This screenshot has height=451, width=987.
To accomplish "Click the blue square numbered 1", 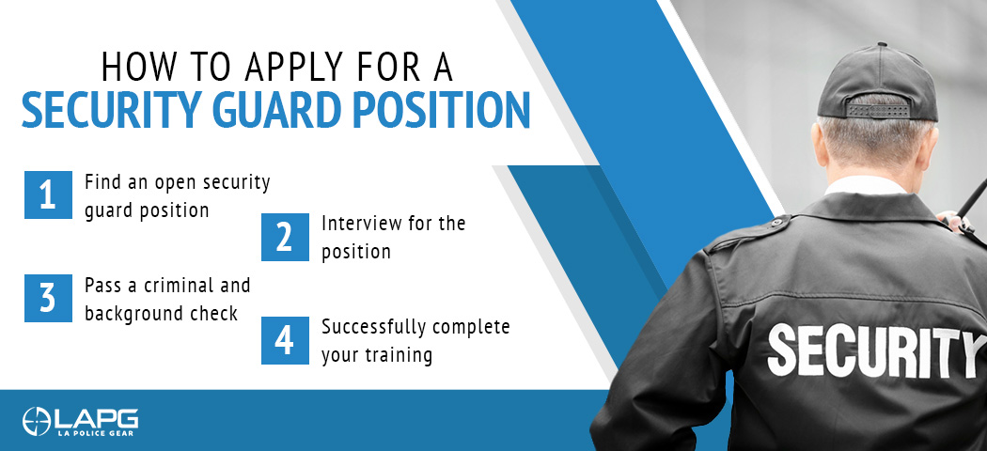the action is tap(49, 195).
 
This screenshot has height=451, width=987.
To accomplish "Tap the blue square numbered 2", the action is tap(285, 237).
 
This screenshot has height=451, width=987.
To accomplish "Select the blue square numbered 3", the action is tap(49, 298).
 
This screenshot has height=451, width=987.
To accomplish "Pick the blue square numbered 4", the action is tap(285, 340).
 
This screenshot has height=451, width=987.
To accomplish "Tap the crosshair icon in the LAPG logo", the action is tap(36, 422).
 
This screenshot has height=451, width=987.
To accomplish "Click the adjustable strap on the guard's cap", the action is tap(877, 109).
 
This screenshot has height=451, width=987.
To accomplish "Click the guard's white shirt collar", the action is tap(866, 185).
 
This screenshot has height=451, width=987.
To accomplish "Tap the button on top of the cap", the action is tap(882, 45).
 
